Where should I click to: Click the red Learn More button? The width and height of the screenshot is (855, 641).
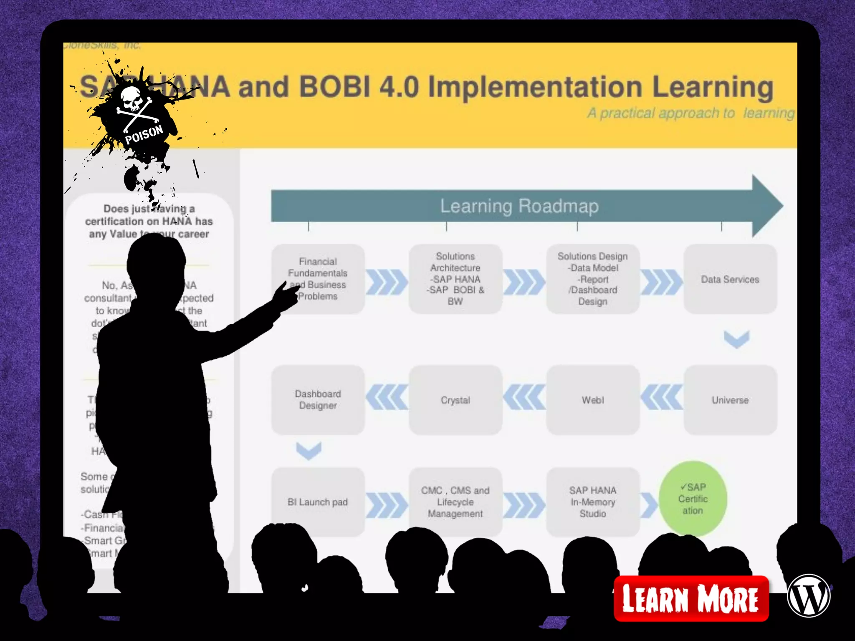coord(691,598)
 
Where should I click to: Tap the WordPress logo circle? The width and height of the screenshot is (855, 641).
coord(808,596)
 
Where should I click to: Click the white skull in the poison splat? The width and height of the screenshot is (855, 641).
coord(133,98)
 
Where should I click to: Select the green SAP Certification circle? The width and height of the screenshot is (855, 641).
coord(693,499)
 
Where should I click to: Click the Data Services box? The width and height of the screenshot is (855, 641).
coord(730,279)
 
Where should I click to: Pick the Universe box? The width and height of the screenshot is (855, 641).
coord(730,400)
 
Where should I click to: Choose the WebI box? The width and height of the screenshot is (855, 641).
coord(592,400)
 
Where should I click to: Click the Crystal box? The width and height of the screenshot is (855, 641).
coord(455,400)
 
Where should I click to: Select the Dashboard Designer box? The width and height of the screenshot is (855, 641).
coord(318,400)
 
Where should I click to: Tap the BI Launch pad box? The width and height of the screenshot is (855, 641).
coord(318,502)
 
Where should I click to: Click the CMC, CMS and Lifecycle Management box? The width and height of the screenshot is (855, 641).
coord(455,502)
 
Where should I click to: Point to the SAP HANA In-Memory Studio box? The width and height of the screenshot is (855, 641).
coord(592,502)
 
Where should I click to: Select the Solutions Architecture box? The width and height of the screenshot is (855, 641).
coord(455,279)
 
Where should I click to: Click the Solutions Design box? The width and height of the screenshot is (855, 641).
coord(592,279)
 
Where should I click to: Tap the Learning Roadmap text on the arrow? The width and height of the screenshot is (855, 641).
coord(519,206)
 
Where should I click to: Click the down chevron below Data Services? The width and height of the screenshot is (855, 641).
coord(736,339)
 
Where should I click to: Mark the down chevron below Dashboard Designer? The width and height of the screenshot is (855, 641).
coord(309,450)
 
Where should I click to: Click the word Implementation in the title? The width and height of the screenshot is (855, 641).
coord(535,87)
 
